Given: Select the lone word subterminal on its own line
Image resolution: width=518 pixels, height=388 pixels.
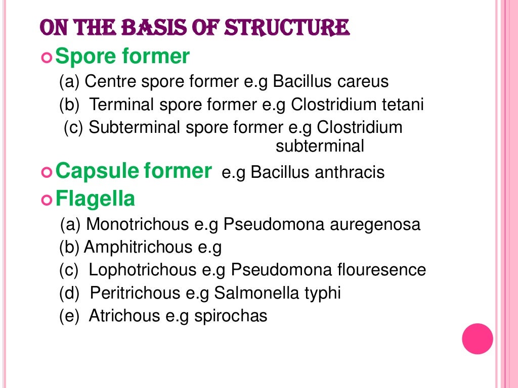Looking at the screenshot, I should tap(320, 147).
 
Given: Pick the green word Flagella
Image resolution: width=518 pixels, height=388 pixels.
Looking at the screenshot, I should tap(95, 199).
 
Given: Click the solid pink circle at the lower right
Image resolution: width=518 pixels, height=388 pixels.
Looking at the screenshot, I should tap(478, 338).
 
